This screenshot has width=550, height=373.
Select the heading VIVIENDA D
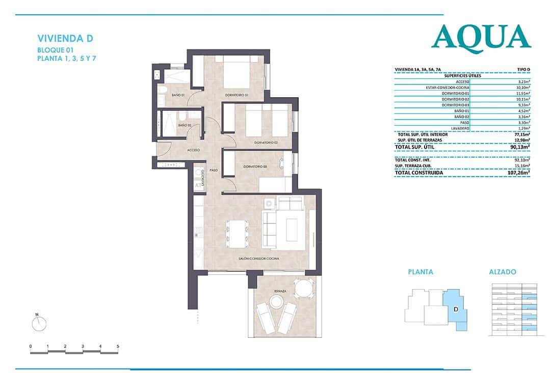65,38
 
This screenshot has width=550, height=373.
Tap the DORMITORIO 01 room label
236,95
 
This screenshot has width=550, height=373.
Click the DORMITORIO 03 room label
255,166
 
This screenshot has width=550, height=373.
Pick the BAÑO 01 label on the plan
178,95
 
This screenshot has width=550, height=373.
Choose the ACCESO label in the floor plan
193,150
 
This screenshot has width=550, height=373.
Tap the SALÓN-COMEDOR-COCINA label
258,259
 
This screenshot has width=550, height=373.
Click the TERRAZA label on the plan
279,292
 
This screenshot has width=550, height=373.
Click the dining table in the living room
237,232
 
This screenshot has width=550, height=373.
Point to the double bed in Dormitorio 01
235,74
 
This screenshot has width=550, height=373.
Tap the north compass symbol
39,323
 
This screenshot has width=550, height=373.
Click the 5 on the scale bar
118,346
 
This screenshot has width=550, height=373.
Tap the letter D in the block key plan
456,308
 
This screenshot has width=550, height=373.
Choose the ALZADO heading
502,272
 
